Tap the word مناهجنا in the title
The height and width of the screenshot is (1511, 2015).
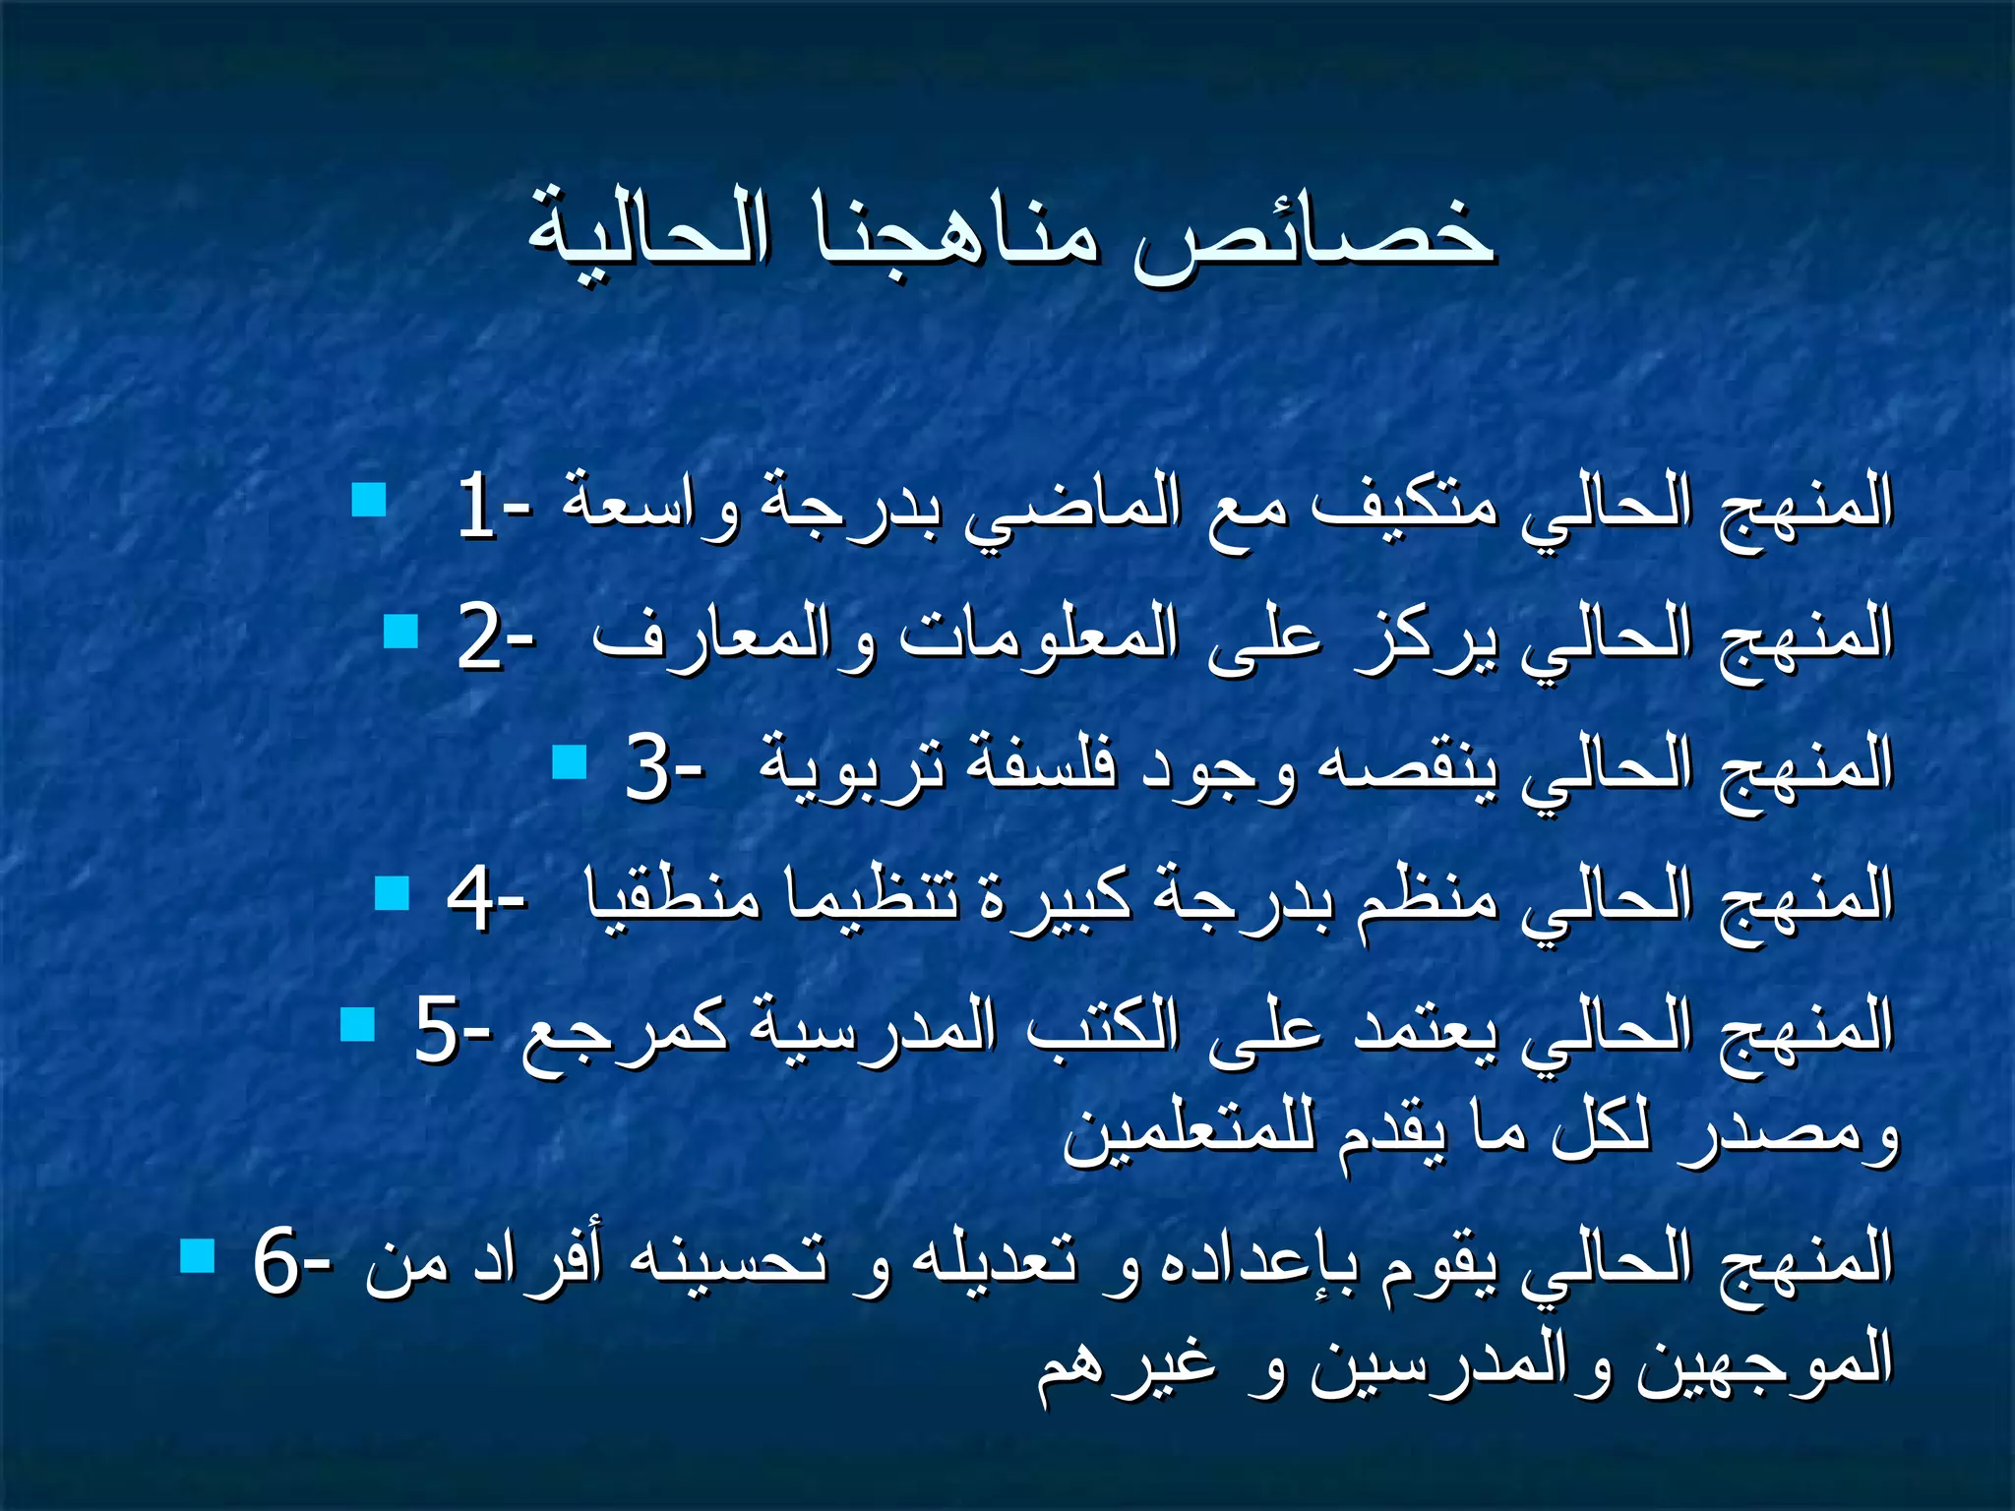(956, 232)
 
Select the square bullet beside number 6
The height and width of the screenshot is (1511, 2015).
(198, 1255)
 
